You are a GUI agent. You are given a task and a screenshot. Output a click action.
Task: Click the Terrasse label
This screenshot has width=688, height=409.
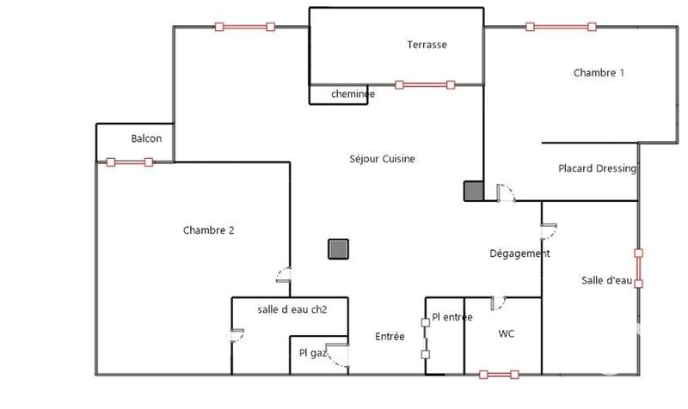(427, 45)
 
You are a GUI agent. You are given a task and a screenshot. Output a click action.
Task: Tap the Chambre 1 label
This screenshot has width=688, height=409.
(599, 73)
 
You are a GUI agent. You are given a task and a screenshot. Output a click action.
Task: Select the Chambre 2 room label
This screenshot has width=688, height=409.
(209, 229)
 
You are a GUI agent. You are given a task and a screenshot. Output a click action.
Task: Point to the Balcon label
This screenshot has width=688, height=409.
(146, 138)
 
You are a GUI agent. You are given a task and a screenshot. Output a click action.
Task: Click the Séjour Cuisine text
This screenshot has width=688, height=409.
(383, 159)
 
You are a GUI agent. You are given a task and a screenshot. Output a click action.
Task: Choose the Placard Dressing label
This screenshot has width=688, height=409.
(597, 168)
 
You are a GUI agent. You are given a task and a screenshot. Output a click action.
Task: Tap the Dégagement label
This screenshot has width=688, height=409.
(519, 253)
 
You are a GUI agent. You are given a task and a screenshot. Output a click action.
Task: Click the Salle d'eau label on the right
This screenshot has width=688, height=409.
(607, 280)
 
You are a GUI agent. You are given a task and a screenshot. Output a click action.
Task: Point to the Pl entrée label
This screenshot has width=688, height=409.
(452, 317)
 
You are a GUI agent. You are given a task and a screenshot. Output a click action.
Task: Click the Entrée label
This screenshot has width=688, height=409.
(390, 337)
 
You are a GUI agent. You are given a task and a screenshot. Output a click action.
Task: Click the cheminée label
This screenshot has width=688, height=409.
(341, 94)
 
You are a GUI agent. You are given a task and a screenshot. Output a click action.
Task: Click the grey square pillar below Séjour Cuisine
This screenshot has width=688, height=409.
(338, 249)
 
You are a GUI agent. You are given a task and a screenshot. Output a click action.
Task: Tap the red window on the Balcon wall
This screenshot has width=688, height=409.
(129, 162)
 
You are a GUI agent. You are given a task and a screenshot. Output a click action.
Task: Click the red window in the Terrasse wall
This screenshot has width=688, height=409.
(424, 84)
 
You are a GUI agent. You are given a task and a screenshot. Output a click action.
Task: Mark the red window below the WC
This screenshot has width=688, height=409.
(500, 374)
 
